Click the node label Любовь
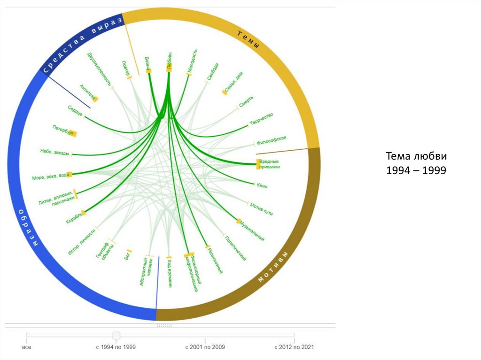[169, 61]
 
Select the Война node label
[147, 63]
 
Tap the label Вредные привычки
[270, 164]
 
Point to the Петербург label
[64, 130]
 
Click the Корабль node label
[75, 217]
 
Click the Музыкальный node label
[252, 230]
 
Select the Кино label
[262, 185]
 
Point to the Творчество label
[262, 119]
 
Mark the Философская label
[272, 140]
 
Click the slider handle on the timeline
[116, 335]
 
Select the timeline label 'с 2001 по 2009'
[205, 347]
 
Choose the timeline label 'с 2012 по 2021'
[294, 347]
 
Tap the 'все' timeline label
[27, 347]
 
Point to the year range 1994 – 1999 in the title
[415, 170]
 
